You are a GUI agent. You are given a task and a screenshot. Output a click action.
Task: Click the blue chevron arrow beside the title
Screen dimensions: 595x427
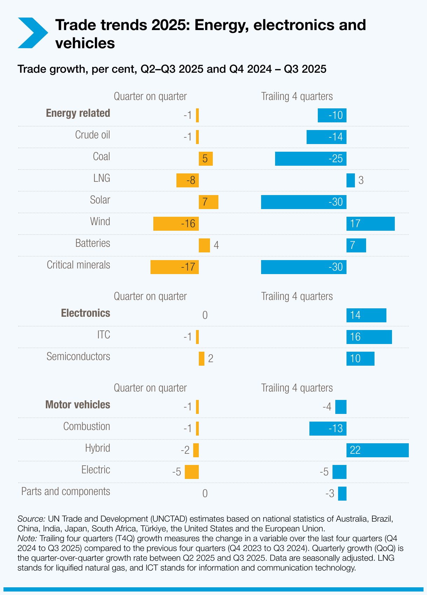coord(32,33)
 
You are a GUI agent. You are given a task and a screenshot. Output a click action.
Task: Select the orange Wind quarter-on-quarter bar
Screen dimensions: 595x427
coord(176,224)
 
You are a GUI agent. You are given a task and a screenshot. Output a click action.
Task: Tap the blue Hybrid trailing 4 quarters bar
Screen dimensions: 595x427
coord(377,450)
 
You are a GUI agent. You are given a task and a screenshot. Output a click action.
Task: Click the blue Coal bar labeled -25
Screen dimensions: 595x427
coord(310,159)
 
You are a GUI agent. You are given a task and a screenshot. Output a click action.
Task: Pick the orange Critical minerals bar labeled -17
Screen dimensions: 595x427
coord(175,267)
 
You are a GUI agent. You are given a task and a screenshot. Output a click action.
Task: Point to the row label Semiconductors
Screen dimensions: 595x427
coord(78,357)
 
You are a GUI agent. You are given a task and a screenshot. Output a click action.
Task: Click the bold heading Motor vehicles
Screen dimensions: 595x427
coord(78,405)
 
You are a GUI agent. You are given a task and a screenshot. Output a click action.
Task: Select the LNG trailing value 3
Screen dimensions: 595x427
coord(361,180)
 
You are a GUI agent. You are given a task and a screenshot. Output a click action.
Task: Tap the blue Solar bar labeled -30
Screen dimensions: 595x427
coord(303,202)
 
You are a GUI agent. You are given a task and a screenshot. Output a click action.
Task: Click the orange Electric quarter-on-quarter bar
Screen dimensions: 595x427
coord(192,472)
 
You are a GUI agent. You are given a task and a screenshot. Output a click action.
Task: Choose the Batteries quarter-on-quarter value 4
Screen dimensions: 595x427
coord(216,245)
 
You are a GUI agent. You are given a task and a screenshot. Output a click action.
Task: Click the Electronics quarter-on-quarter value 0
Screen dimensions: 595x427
coord(205,315)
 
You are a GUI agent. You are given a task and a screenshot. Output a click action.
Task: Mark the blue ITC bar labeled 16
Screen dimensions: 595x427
coord(369,337)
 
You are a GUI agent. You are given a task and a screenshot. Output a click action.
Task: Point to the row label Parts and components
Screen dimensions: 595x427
coord(66,492)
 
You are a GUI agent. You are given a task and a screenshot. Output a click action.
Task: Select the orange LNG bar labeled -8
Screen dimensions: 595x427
coord(188,180)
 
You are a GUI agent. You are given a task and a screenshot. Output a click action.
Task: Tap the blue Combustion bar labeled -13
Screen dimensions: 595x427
coord(328,429)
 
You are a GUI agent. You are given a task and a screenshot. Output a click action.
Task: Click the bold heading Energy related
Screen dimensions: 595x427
coord(78,113)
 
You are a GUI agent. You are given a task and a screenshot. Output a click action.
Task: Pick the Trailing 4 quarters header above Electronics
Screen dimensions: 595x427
coord(297,296)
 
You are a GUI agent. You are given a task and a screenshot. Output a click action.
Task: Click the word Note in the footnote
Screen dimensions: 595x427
coord(27,538)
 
